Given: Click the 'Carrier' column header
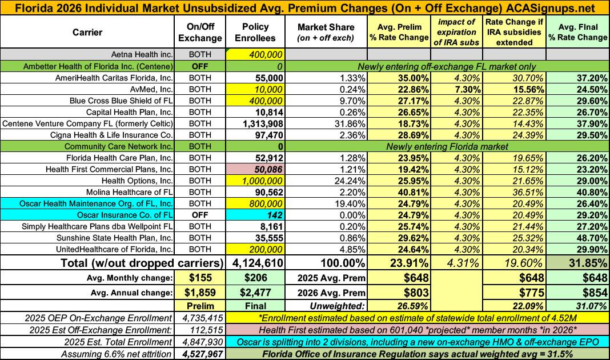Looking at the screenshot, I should pos(87,33).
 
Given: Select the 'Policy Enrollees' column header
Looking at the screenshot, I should pos(255,33).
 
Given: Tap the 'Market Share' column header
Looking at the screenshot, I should pos(326,33).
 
